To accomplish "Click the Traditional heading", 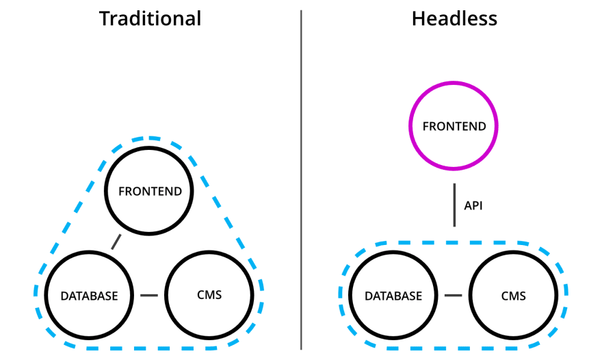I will pyautogui.click(x=150, y=18).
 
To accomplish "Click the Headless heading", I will pyautogui.click(x=454, y=18).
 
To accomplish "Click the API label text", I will pyautogui.click(x=473, y=205).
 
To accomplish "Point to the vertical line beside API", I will pyautogui.click(x=454, y=205).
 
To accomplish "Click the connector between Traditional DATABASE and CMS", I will pyautogui.click(x=149, y=296).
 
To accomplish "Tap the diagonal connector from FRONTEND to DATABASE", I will pyautogui.click(x=116, y=242).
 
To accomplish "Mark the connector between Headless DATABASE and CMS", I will pyautogui.click(x=453, y=296).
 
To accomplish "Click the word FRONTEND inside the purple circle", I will pyautogui.click(x=454, y=127).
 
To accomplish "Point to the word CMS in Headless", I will pyautogui.click(x=513, y=296).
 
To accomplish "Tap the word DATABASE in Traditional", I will pyautogui.click(x=89, y=296).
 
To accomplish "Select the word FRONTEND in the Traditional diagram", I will pyautogui.click(x=150, y=192).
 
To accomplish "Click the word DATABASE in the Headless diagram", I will pyautogui.click(x=393, y=296).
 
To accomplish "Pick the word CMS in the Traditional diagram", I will pyautogui.click(x=210, y=296).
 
